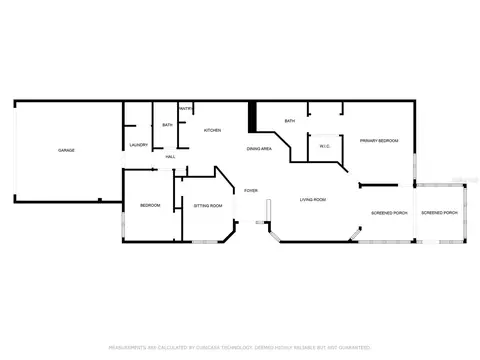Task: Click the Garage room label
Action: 66,150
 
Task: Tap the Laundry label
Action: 139,145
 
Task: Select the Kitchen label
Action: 212,130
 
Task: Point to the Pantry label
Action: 186,108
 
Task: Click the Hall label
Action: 171,157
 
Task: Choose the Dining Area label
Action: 260,149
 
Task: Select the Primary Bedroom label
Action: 379,141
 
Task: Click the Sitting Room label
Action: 208,206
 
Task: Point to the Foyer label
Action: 250,190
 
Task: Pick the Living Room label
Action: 313,200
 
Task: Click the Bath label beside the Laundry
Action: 168,125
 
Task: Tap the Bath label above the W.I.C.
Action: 290,121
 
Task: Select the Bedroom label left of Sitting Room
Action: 150,205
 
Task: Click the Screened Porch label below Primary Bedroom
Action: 389,213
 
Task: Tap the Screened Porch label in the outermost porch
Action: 439,213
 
